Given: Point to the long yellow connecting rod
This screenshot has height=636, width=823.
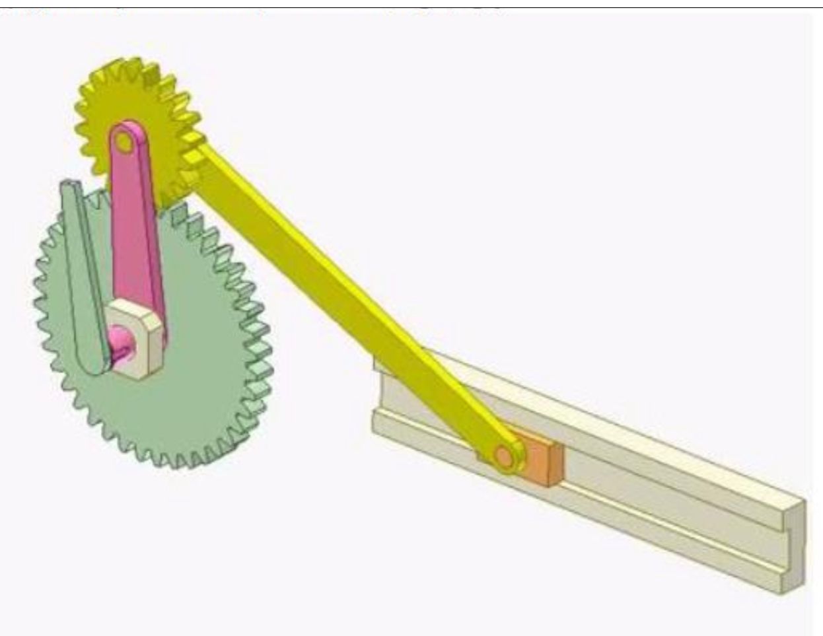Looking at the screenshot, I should click(343, 284).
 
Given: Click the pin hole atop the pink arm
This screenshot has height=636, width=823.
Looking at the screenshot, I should click(124, 141).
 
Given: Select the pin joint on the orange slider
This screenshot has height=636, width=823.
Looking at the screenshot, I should click(505, 456).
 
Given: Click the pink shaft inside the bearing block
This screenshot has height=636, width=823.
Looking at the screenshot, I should click(122, 340).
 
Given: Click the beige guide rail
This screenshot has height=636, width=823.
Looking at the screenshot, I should click(661, 489).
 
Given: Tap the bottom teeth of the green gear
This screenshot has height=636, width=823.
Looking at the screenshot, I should click(178, 459).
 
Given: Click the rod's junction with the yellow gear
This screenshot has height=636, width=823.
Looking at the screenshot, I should click(198, 155).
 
